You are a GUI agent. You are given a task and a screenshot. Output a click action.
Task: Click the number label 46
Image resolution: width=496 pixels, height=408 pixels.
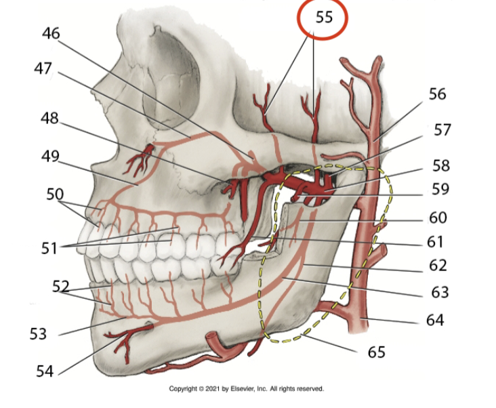pyautogui.click(x=51, y=33)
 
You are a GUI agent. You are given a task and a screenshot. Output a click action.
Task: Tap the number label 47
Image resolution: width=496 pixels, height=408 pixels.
pyautogui.click(x=43, y=70)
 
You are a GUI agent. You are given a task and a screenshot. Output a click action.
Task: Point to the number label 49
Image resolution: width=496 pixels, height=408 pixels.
pyautogui.click(x=50, y=156)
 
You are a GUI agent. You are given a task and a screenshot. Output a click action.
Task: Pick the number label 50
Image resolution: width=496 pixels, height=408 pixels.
pyautogui.click(x=55, y=194)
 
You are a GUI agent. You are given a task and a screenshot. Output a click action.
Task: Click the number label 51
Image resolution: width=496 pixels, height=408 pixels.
pyautogui.click(x=48, y=248)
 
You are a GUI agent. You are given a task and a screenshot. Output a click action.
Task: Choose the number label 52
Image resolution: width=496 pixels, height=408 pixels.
pyautogui.click(x=61, y=286)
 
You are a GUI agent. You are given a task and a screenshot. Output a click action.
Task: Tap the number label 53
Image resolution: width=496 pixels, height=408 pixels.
pyautogui.click(x=39, y=333)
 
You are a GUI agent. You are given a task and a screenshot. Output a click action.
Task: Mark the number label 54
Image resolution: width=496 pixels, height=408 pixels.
pyautogui.click(x=45, y=370)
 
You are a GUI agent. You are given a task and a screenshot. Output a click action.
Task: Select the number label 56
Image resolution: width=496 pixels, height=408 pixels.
pyautogui.click(x=437, y=94)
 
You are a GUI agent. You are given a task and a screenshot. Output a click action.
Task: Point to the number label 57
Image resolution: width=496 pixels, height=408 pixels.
pyautogui.click(x=442, y=129)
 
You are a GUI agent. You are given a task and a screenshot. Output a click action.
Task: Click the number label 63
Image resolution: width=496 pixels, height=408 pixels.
pyautogui.click(x=440, y=292)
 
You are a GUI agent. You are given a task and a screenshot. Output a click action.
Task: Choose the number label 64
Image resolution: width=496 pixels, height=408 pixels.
pyautogui.click(x=435, y=319)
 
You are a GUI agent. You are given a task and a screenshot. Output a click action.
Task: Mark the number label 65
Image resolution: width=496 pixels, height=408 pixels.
pyautogui.click(x=376, y=352)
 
